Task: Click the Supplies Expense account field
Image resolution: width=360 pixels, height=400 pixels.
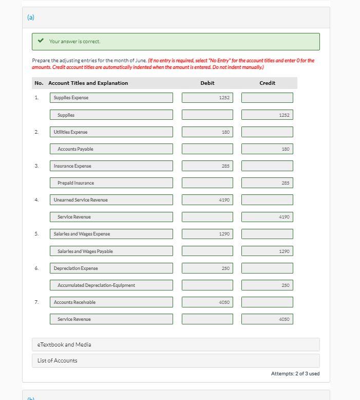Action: pyautogui.click(x=111, y=98)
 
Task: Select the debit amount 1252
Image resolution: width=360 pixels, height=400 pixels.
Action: pyautogui.click(x=207, y=98)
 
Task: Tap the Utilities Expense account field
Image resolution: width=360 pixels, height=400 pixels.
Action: pyautogui.click(x=111, y=132)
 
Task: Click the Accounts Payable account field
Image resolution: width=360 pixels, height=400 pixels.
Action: pyautogui.click(x=111, y=149)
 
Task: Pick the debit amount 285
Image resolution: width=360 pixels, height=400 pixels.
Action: pyautogui.click(x=207, y=166)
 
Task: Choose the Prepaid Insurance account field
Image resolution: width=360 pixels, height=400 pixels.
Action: pyautogui.click(x=111, y=183)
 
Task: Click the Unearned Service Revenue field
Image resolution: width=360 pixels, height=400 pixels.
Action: pyautogui.click(x=111, y=200)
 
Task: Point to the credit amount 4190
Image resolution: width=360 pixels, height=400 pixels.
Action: pyautogui.click(x=267, y=217)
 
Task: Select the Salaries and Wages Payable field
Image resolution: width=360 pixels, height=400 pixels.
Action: pyautogui.click(x=111, y=251)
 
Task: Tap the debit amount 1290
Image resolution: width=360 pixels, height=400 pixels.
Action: pyautogui.click(x=207, y=234)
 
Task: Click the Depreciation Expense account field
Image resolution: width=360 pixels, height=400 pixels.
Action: pyautogui.click(x=111, y=268)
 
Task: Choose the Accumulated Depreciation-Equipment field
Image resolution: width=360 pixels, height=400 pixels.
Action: pyautogui.click(x=111, y=285)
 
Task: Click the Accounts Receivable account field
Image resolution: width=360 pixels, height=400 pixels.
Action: pyautogui.click(x=111, y=302)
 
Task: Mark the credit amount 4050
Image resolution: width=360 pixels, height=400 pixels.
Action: pyautogui.click(x=267, y=319)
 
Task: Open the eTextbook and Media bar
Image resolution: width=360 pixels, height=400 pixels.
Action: pyautogui.click(x=176, y=344)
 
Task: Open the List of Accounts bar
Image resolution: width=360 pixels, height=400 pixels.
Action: pyautogui.click(x=176, y=360)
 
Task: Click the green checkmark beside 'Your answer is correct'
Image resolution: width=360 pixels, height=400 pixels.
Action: pyautogui.click(x=41, y=41)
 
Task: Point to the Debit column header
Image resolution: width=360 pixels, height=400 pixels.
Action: pyautogui.click(x=207, y=83)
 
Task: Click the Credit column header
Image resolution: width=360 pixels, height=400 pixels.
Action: pyautogui.click(x=267, y=83)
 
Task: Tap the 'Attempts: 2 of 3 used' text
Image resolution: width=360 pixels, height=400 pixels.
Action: pyautogui.click(x=295, y=374)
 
